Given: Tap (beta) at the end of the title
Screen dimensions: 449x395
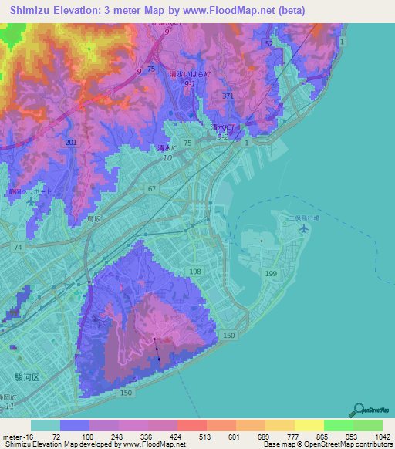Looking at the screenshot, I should pos(289,11).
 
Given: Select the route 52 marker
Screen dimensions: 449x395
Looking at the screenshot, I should pos(269,44).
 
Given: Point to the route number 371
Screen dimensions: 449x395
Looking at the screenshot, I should pos(228,96).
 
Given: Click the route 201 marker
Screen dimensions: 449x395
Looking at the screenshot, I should pos(71,143).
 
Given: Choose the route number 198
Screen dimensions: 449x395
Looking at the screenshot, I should pos(196,272).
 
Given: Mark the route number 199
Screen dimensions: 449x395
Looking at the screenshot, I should pos(270,274).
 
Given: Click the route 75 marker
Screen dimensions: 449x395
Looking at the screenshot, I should pos(151,69).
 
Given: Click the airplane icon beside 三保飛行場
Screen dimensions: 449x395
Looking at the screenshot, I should pos(304,229).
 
